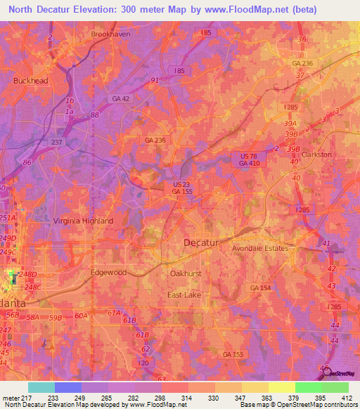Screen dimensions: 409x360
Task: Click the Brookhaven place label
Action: click(x=111, y=34)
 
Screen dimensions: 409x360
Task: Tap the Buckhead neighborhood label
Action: click(x=30, y=81)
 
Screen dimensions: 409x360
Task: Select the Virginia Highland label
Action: click(x=83, y=221)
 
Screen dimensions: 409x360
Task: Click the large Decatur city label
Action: click(x=202, y=242)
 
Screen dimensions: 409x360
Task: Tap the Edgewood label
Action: click(x=108, y=272)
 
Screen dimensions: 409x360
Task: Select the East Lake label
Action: click(x=184, y=295)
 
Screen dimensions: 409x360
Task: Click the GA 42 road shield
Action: click(x=121, y=99)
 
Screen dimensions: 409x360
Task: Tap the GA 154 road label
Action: click(x=259, y=288)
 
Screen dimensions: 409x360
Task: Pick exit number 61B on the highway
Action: click(x=129, y=320)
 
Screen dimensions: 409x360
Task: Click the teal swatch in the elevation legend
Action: click(x=41, y=387)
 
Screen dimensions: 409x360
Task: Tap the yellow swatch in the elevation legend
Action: click(x=281, y=387)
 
